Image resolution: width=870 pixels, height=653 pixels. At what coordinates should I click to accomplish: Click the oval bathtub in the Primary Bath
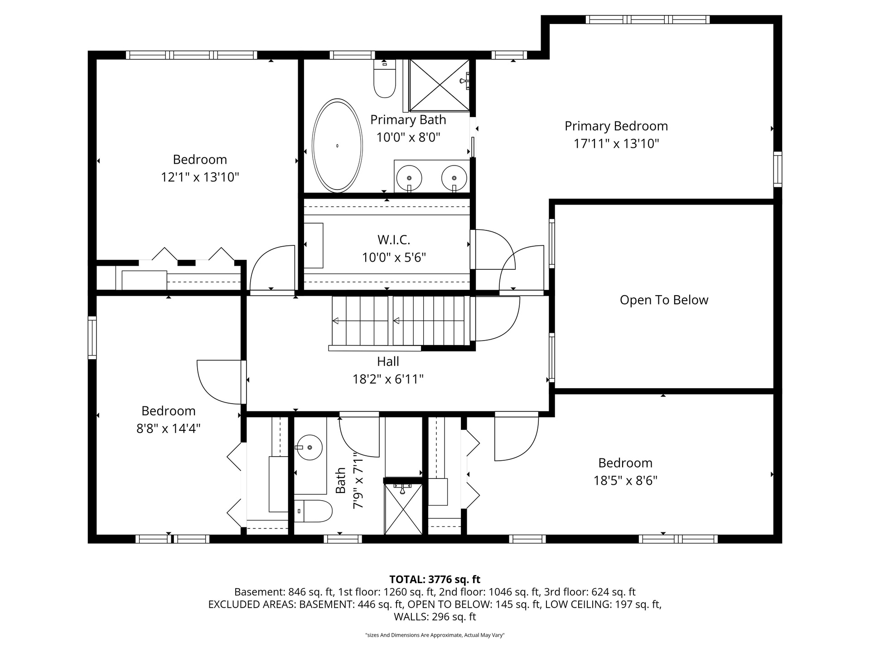coord(338,146)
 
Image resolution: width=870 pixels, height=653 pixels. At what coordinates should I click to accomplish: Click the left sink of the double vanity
coord(409,178)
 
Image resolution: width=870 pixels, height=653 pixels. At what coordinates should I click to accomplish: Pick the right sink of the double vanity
coord(454,178)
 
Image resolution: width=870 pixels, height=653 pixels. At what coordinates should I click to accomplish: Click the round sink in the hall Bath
coord(309,448)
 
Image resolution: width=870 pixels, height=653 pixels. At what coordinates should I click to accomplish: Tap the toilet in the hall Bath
coord(313,511)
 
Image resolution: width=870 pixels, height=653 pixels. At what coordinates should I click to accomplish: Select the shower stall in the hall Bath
coord(403,509)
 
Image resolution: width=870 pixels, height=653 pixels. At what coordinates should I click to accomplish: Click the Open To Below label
coord(664,300)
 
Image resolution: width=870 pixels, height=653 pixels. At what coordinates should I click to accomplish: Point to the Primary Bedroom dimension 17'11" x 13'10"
coord(616,144)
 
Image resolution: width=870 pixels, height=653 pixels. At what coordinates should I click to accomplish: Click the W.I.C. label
coord(394,239)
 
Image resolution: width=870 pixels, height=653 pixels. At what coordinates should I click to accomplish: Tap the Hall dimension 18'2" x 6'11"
coord(388,379)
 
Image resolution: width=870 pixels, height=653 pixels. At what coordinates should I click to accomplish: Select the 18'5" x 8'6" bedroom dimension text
coord(625,481)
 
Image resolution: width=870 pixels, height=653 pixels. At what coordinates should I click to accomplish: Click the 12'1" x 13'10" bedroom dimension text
coord(200,177)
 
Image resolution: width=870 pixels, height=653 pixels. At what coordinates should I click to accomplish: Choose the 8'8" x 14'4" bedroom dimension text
coord(169,429)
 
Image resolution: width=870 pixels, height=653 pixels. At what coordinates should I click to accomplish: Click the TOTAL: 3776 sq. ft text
coord(435,580)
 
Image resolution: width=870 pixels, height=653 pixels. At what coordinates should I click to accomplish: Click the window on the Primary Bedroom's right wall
coord(778,169)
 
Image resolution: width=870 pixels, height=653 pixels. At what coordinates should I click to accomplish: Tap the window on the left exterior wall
coord(92,337)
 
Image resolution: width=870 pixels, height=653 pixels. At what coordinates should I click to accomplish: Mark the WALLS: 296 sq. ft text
coord(435,617)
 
